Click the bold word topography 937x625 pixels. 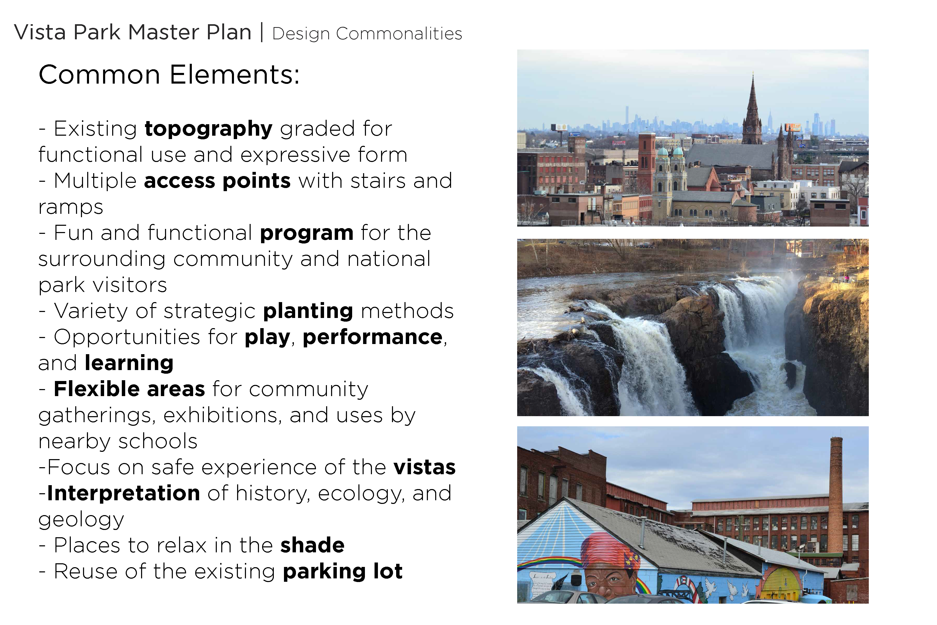(x=208, y=129)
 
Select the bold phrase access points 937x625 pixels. (x=217, y=181)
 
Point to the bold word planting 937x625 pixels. (x=308, y=311)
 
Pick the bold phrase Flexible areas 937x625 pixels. (x=129, y=389)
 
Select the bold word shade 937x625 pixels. (x=312, y=545)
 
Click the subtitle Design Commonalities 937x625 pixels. (x=367, y=34)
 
